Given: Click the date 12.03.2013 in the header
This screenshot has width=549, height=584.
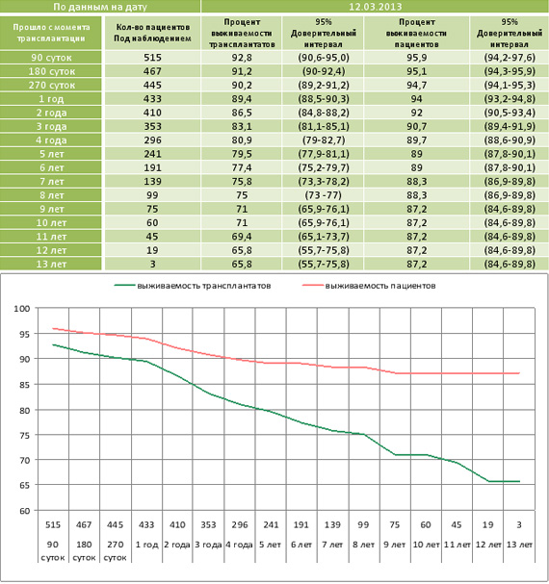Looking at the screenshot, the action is (x=376, y=7).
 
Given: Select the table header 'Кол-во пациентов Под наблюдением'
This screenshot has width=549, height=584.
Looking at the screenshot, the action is (x=152, y=33).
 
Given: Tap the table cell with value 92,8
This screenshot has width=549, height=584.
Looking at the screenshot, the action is (x=242, y=58).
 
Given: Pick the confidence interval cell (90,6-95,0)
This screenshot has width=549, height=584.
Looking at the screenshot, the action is (x=324, y=58).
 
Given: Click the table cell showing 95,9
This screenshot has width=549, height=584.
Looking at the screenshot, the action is (x=417, y=58).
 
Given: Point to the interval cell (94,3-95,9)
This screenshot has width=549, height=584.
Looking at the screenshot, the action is (x=510, y=71).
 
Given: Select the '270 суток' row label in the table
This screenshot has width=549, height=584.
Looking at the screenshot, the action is (x=51, y=85).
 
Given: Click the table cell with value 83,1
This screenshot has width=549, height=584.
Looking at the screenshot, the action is (x=242, y=126).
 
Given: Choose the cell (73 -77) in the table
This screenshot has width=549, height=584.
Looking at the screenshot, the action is (x=324, y=195).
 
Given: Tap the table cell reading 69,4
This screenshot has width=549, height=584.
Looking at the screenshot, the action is (x=242, y=237).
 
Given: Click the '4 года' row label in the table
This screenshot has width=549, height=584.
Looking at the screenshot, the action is (x=51, y=140).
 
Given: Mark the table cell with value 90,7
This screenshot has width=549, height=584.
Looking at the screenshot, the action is (x=417, y=126).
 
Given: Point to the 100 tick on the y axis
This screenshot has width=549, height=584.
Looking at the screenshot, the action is (x=21, y=309).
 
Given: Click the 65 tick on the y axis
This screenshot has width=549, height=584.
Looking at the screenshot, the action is (x=24, y=485).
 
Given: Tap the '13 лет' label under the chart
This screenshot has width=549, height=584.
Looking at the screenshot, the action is (x=519, y=545).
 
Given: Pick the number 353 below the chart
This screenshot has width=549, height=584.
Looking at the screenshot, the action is (x=208, y=524).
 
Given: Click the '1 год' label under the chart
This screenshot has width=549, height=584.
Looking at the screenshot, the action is (x=146, y=545).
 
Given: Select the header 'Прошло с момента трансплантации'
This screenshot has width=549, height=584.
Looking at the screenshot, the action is (x=51, y=33).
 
